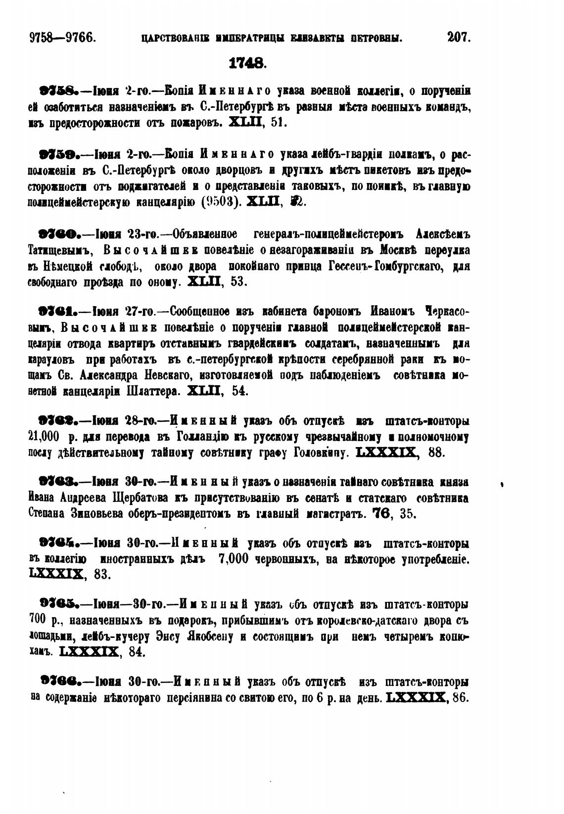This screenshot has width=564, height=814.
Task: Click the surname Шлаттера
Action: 149,391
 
